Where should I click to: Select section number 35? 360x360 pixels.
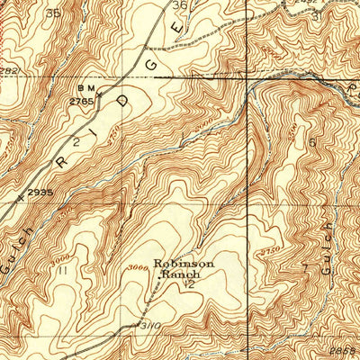(x=53, y=13)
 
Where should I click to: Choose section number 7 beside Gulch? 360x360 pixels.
(x=305, y=267)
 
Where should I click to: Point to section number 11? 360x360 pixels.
(x=62, y=269)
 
